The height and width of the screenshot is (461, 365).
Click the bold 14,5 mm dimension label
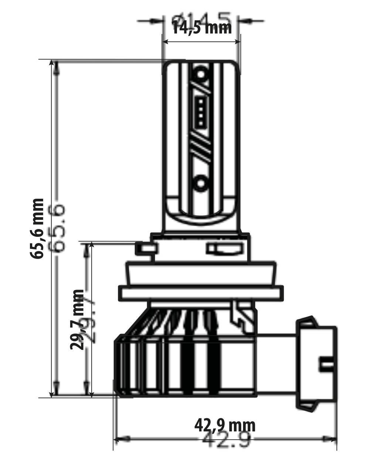[x=202, y=27]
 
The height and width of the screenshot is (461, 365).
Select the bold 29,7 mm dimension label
[x=78, y=319]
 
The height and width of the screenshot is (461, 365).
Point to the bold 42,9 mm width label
[x=225, y=425]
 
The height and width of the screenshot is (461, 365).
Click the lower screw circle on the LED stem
[x=201, y=182]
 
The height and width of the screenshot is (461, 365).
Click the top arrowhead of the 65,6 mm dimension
[x=56, y=67]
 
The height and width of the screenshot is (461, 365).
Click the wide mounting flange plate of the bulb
[x=201, y=293]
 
